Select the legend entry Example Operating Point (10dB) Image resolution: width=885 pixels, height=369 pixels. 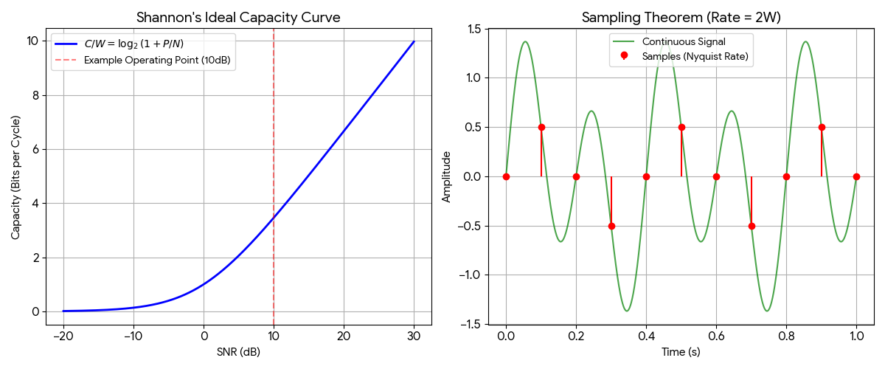coord(159,60)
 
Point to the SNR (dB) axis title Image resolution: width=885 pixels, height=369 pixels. coord(239,352)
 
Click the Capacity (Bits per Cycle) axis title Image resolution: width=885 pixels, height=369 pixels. coord(16,177)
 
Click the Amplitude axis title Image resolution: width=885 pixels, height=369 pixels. coord(446,177)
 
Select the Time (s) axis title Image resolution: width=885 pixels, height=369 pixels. coord(681,352)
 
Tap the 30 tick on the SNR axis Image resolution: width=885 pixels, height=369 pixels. coord(414,336)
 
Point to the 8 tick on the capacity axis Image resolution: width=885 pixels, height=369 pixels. coord(35,95)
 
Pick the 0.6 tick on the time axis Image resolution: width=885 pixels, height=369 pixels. coord(716,336)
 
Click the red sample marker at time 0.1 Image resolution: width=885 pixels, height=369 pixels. coord(541,127)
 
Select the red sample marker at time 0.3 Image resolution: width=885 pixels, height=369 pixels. coord(611,226)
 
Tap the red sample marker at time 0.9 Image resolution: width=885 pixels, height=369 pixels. coord(822,127)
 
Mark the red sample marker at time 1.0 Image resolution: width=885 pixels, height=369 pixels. coord(856,176)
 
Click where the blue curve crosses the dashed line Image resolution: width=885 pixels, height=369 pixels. coord(274,218)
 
